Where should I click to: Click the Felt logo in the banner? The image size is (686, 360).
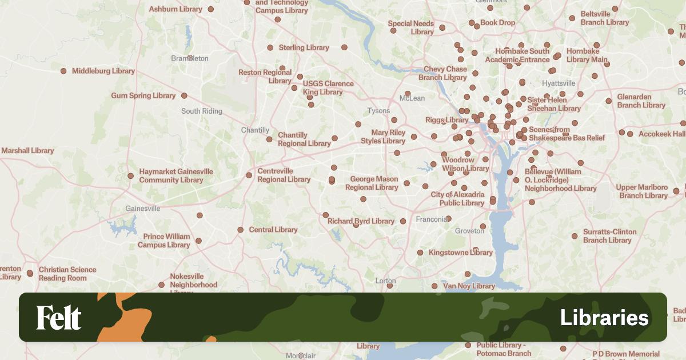coord(59,317)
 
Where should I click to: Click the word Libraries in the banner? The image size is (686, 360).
coord(604,318)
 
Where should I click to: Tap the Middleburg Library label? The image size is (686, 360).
coord(103,71)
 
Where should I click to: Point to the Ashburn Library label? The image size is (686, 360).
coord(176,9)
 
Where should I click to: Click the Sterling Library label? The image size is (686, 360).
coord(304,47)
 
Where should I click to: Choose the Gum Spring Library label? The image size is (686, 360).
coord(143,95)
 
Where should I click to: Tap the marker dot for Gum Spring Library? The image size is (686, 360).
coord(184,95)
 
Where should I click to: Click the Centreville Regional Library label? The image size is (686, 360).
coord(284,175)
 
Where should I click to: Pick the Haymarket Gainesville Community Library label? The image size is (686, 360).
coord(176,175)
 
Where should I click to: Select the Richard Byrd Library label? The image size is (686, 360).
coord(361,221)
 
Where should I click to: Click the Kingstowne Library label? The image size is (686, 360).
coord(460,252)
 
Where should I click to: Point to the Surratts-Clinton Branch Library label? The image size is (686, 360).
coord(609,236)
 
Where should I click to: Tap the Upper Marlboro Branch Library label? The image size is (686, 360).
coord(642,191)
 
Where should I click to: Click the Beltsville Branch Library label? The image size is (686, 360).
coord(604,18)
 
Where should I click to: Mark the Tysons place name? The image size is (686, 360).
coord(378,111)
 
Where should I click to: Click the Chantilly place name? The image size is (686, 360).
coord(255,130)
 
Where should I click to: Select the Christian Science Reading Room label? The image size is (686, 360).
coord(67,274)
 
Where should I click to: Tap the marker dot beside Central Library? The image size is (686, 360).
coord(241,230)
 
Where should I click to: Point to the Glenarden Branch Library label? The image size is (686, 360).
coord(641,101)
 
